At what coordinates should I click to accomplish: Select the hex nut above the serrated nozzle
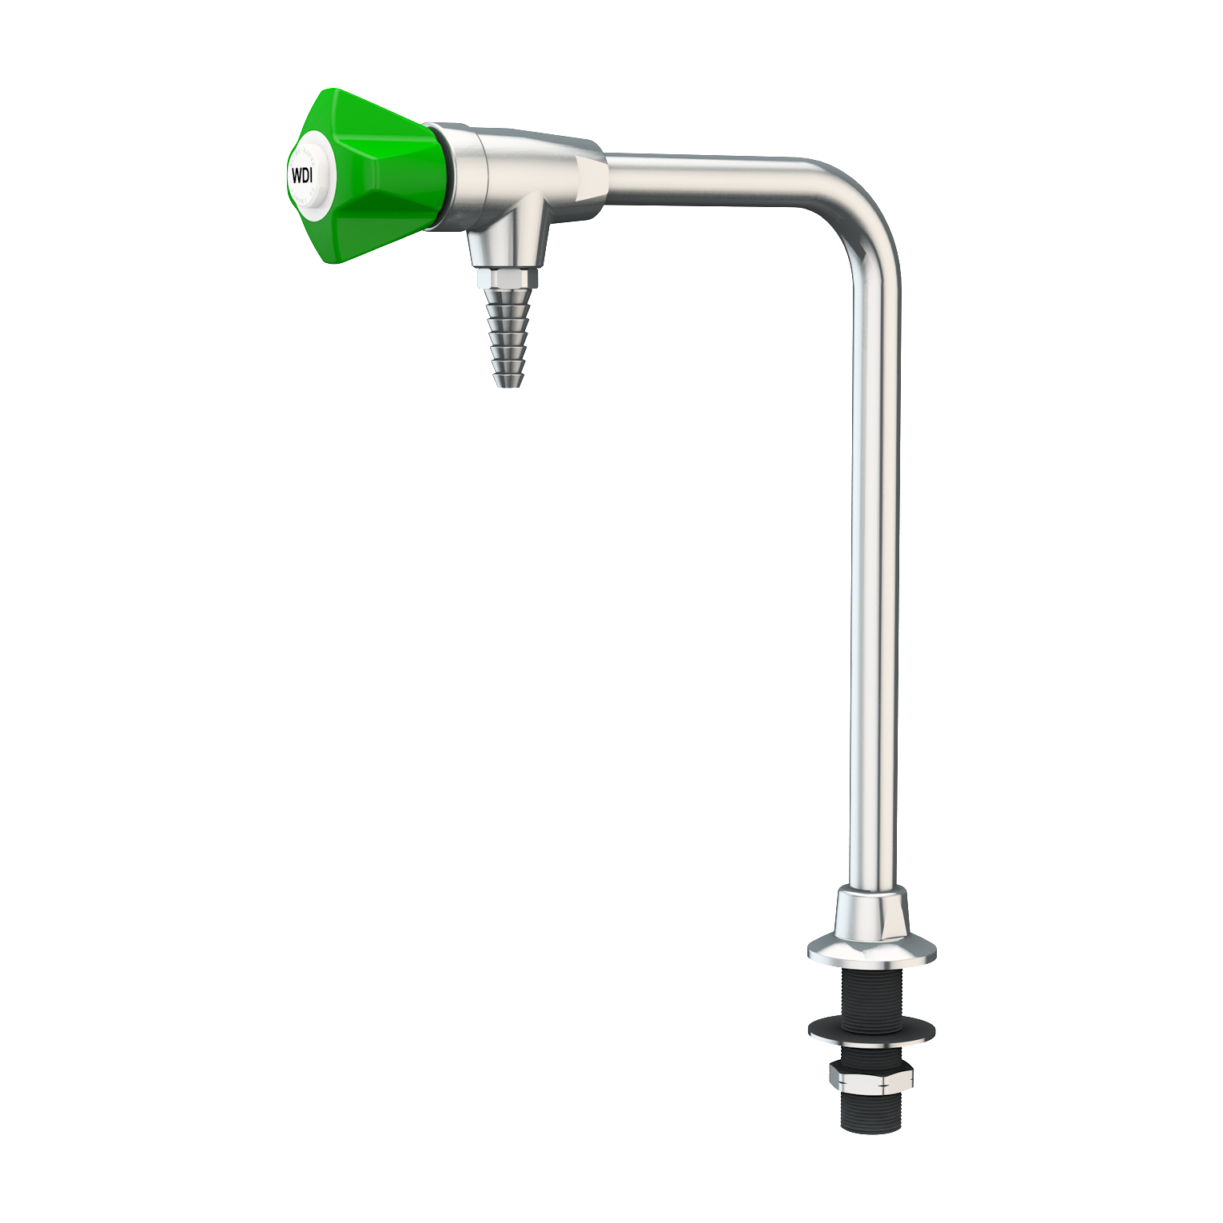(x=508, y=278)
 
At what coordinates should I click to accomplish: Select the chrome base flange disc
(x=871, y=950)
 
